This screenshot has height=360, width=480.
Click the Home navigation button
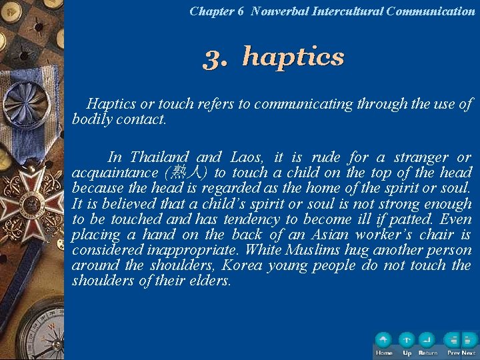tap(383, 341)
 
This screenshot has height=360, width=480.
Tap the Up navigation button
tap(406, 341)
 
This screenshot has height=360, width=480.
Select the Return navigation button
tap(427, 341)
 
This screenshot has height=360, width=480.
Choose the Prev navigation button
tap(453, 341)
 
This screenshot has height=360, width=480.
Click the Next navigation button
tap(468, 341)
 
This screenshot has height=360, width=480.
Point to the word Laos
tap(247, 158)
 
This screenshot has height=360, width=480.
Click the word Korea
tap(244, 266)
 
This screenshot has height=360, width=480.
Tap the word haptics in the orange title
tap(293, 57)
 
